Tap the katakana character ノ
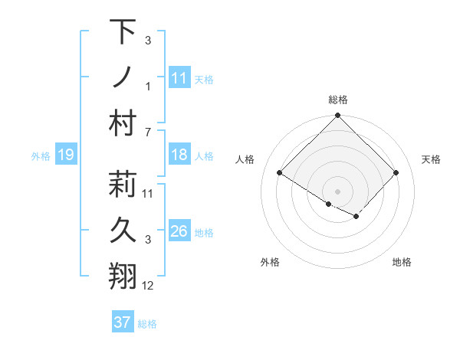click(123, 77)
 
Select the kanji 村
click(123, 123)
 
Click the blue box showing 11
click(179, 77)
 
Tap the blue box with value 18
click(179, 155)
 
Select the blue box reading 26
click(179, 232)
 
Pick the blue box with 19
click(65, 155)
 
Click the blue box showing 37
click(122, 322)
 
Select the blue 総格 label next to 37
click(147, 324)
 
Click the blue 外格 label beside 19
click(41, 156)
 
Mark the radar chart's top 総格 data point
click(337, 116)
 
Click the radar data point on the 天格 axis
click(396, 173)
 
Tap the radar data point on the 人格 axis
click(280, 173)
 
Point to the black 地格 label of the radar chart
click(402, 262)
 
